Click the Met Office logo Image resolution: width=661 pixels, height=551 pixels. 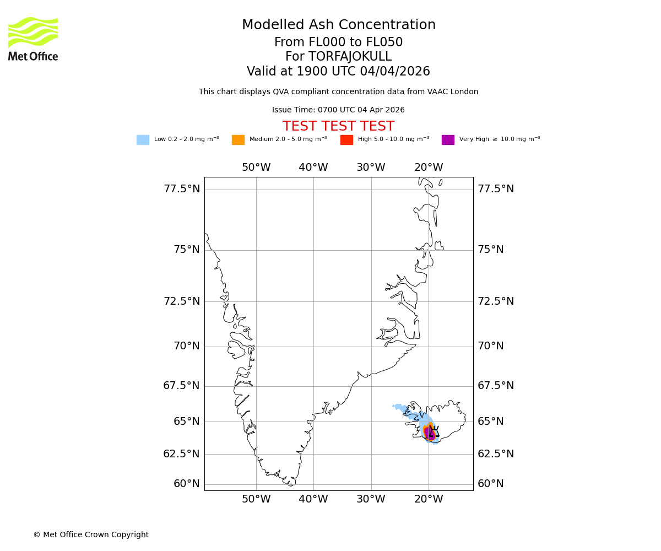pos(33,39)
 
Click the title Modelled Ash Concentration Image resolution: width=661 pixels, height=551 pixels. pos(338,25)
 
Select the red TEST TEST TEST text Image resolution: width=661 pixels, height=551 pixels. pos(338,127)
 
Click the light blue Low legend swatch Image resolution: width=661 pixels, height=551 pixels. pos(143,140)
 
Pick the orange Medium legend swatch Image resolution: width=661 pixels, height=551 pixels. pos(238,140)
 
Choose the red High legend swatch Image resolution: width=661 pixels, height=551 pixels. pos(346,140)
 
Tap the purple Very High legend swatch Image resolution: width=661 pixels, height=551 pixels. pos(448,140)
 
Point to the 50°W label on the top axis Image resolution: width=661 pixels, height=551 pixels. pos(256,168)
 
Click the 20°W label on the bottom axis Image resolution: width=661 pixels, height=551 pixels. pos(429,500)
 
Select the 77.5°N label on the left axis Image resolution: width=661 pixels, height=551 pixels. pos(181,189)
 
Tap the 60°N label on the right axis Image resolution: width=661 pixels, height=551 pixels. pos(490,484)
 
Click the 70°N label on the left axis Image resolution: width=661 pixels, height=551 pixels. pos(186,346)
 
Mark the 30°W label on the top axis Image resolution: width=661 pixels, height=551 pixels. pos(371,168)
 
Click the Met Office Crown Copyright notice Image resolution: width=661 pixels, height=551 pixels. pos(91,535)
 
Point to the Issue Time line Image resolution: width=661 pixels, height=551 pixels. pos(338,110)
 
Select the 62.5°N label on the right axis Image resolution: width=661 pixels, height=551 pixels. pos(495,454)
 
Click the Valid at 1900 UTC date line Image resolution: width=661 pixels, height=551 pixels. pos(338,72)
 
